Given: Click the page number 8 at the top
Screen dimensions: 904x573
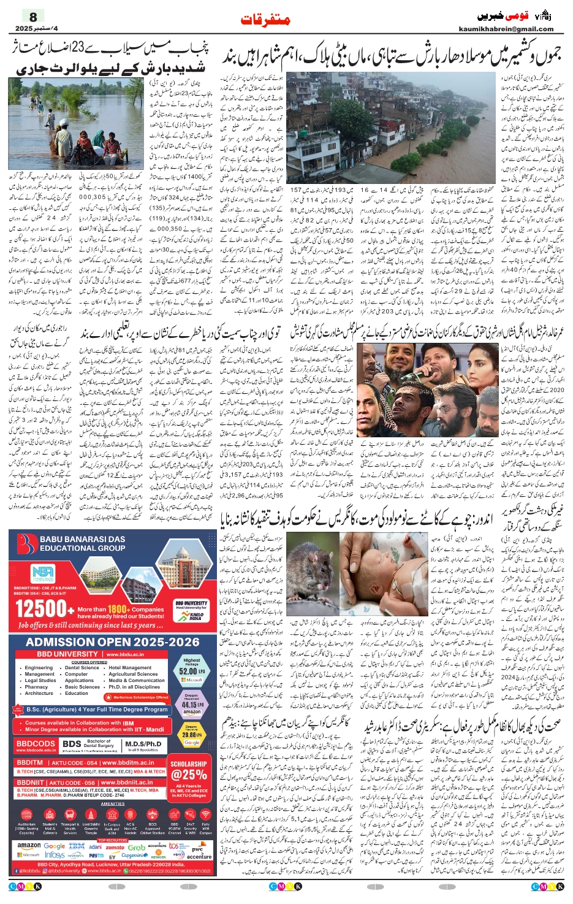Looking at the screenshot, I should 33,17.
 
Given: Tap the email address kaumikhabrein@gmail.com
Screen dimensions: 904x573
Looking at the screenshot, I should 506,29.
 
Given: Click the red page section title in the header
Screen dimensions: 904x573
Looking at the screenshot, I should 265,20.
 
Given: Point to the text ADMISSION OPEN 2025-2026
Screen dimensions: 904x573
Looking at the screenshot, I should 112,642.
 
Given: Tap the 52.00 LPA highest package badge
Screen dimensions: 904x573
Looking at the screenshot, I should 191,670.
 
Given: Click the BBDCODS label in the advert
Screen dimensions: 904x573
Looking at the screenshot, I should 36,744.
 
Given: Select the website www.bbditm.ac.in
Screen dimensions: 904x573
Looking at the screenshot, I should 127,763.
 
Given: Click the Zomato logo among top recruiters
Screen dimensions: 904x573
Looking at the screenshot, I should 115,848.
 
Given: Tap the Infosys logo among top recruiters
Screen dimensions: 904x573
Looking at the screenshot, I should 55,855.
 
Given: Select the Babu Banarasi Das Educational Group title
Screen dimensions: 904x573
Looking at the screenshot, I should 82,543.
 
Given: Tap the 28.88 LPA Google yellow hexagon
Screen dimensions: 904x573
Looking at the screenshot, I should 191,734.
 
